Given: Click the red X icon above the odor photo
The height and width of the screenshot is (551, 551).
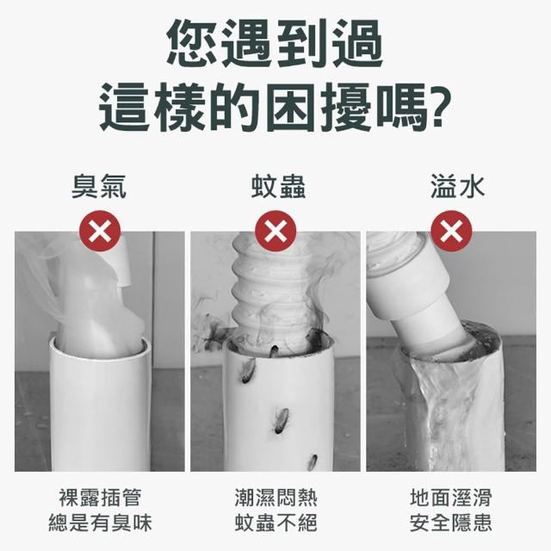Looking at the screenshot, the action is click(x=100, y=231).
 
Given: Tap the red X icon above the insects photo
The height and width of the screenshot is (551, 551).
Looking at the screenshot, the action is click(x=275, y=231).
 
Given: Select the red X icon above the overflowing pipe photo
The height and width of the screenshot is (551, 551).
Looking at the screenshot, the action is click(x=451, y=231).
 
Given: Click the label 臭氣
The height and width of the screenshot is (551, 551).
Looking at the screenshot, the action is click(x=99, y=187).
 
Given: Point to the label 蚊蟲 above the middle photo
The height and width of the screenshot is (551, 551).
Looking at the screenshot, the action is click(x=278, y=187).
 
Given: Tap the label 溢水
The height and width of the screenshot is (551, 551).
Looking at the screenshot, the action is click(x=457, y=187).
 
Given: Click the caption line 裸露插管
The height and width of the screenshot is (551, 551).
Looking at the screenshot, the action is click(x=100, y=498).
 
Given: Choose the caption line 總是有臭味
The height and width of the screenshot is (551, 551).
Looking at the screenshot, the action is click(x=100, y=523).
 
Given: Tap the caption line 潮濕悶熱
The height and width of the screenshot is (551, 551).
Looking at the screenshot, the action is click(x=275, y=498).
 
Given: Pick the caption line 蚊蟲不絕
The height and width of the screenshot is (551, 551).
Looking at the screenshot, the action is click(x=275, y=523).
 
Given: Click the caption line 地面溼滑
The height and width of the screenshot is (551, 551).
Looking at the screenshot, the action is click(x=451, y=498).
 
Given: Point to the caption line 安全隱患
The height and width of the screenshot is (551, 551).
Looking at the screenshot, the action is click(x=451, y=523).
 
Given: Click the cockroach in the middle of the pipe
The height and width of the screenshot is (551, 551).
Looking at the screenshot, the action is click(x=281, y=420).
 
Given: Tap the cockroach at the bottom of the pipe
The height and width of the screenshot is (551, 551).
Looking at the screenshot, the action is click(x=313, y=463).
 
